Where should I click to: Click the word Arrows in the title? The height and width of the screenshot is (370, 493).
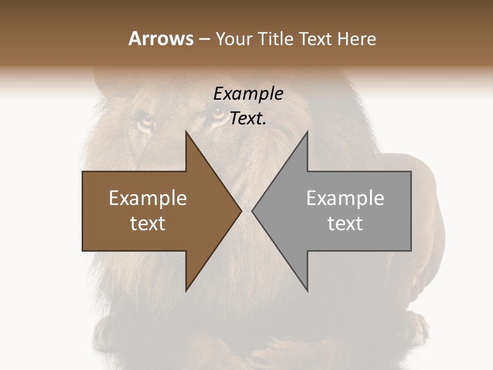pos(161,39)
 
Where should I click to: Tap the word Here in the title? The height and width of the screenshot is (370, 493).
pos(357,39)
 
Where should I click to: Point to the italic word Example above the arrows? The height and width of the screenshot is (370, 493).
pos(248,94)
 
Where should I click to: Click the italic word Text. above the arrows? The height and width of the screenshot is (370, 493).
pos(248,119)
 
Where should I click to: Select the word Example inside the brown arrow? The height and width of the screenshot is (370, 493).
pos(148,198)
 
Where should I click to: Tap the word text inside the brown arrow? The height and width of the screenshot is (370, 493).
pos(148,224)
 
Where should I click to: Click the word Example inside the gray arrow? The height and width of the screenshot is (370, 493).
pos(345,198)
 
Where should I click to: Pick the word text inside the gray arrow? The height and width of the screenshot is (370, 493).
pos(345,224)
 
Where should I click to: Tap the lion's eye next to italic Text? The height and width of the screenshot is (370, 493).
pos(218,114)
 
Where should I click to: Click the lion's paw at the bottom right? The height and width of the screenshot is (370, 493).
pos(419,329)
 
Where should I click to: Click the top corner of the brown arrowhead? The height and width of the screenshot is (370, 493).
pos(186,132)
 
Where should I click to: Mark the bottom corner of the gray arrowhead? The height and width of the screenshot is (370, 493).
pos(307,290)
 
